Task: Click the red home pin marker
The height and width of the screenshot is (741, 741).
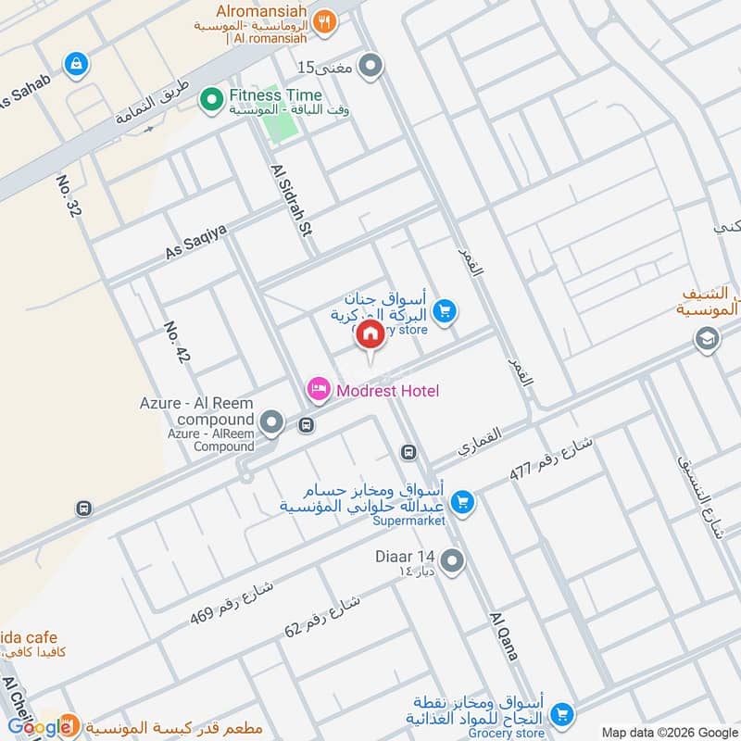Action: [x=370, y=334]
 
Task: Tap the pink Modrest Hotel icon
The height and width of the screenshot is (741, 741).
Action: [x=318, y=390]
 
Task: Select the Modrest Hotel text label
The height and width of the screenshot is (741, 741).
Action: [x=387, y=391]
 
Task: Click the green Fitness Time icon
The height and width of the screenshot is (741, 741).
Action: [x=213, y=96]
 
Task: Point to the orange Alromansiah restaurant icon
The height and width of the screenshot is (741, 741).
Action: [x=323, y=23]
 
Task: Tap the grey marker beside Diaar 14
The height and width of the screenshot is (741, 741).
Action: [x=452, y=560]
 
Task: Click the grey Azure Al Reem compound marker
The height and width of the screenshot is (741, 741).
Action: [x=271, y=423]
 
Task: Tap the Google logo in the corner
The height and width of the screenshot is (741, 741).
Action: [x=39, y=726]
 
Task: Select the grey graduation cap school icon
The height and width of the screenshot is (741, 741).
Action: [x=707, y=340]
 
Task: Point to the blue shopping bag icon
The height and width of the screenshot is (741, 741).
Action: [x=75, y=64]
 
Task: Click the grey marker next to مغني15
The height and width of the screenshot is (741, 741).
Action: [x=371, y=66]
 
